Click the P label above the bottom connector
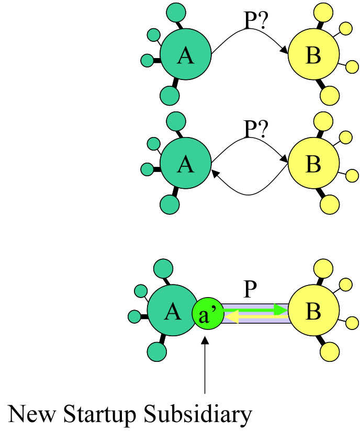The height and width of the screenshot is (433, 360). pos(250,290)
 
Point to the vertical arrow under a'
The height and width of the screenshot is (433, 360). pos(206,366)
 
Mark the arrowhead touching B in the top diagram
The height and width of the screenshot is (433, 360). pos(285,51)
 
